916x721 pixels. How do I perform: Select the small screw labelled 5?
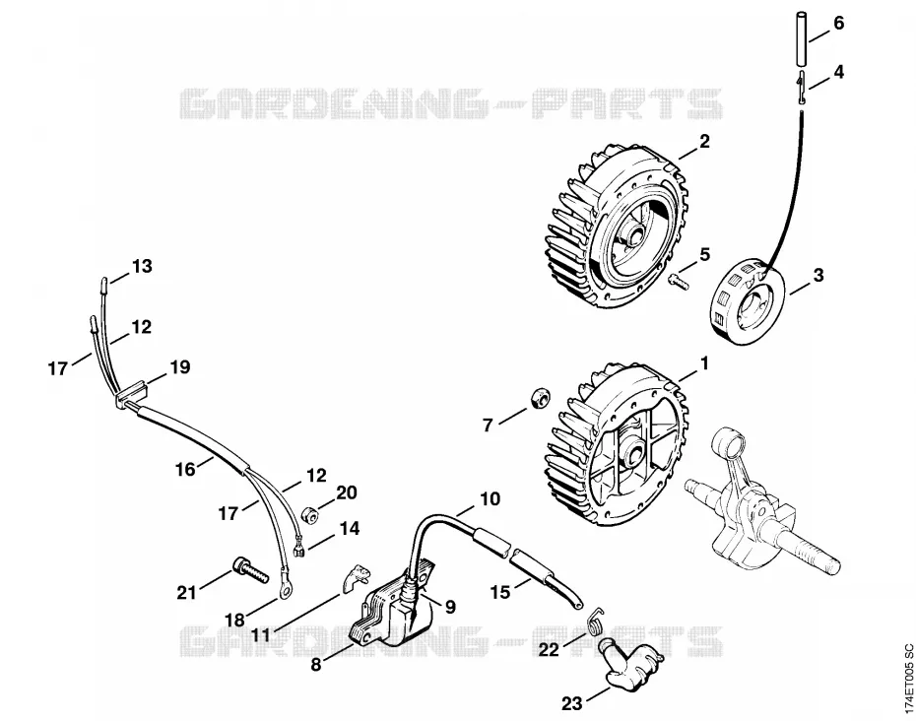click(x=679, y=280)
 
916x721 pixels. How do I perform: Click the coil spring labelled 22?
click(x=596, y=620)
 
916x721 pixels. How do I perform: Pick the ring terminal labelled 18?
click(x=285, y=591)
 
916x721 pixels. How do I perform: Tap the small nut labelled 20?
click(x=308, y=514)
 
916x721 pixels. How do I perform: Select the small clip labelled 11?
click(x=356, y=576)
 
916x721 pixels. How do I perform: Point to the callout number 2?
click(x=703, y=142)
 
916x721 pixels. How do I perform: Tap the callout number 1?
click(x=704, y=363)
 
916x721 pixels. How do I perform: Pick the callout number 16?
click(x=185, y=469)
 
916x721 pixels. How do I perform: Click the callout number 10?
click(x=491, y=499)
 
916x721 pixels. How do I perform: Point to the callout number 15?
click(x=500, y=592)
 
